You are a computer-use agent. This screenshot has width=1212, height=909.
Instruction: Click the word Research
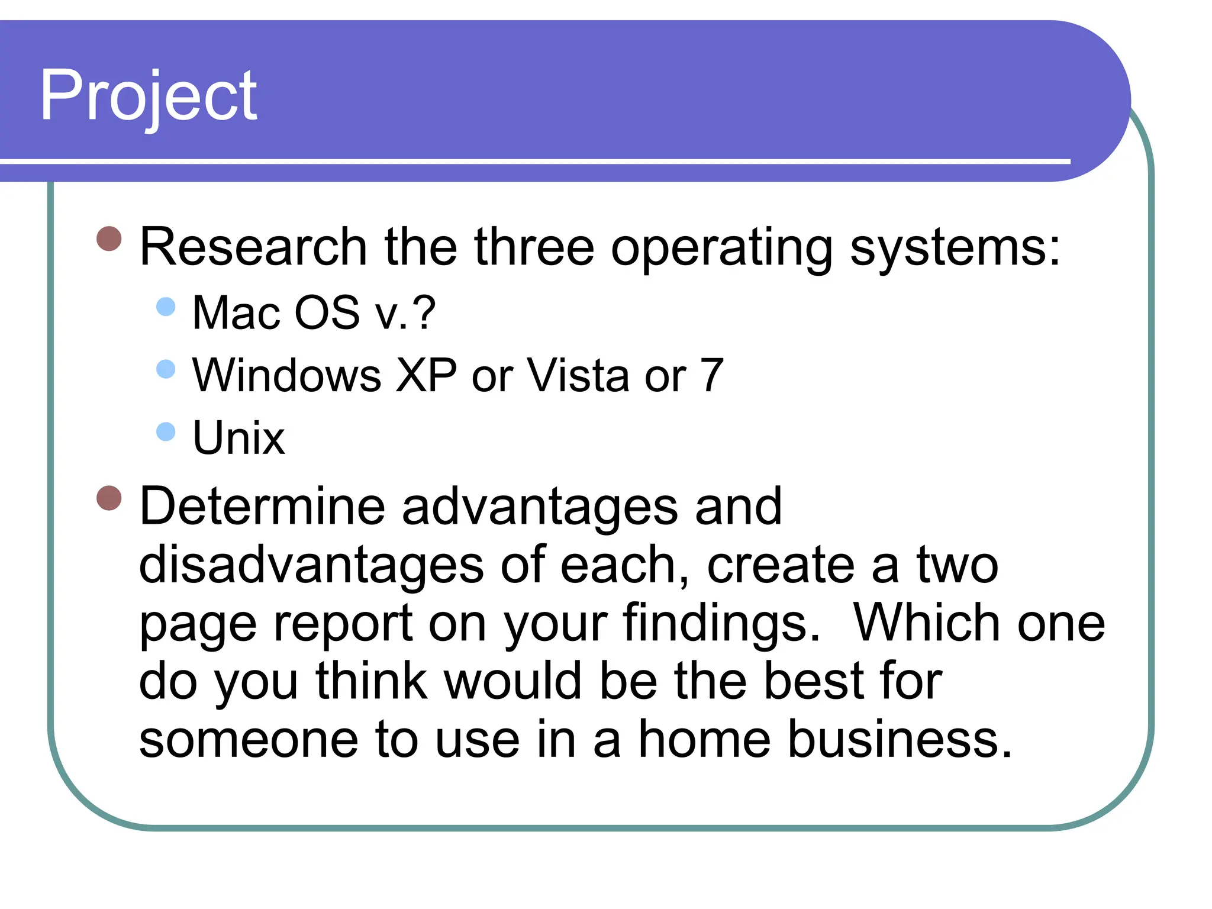click(x=253, y=247)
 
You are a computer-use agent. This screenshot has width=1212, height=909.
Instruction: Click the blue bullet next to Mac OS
click(x=166, y=307)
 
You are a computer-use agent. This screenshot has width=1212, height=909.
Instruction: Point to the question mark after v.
click(x=424, y=312)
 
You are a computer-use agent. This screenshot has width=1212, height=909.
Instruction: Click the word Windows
click(x=287, y=375)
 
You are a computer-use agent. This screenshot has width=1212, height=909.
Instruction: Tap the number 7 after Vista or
click(x=712, y=375)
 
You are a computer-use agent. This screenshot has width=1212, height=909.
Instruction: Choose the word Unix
click(x=238, y=438)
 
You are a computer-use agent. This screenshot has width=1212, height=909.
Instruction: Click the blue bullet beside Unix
click(x=166, y=431)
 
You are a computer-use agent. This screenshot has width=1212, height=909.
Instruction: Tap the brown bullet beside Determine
click(x=109, y=498)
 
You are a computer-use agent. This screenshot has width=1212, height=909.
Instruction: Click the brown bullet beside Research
click(x=109, y=238)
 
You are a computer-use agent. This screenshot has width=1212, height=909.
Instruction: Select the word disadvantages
click(x=311, y=565)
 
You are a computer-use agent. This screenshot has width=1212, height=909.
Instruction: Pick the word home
click(x=704, y=739)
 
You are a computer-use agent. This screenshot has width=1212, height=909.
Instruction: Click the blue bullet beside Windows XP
click(x=166, y=369)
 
